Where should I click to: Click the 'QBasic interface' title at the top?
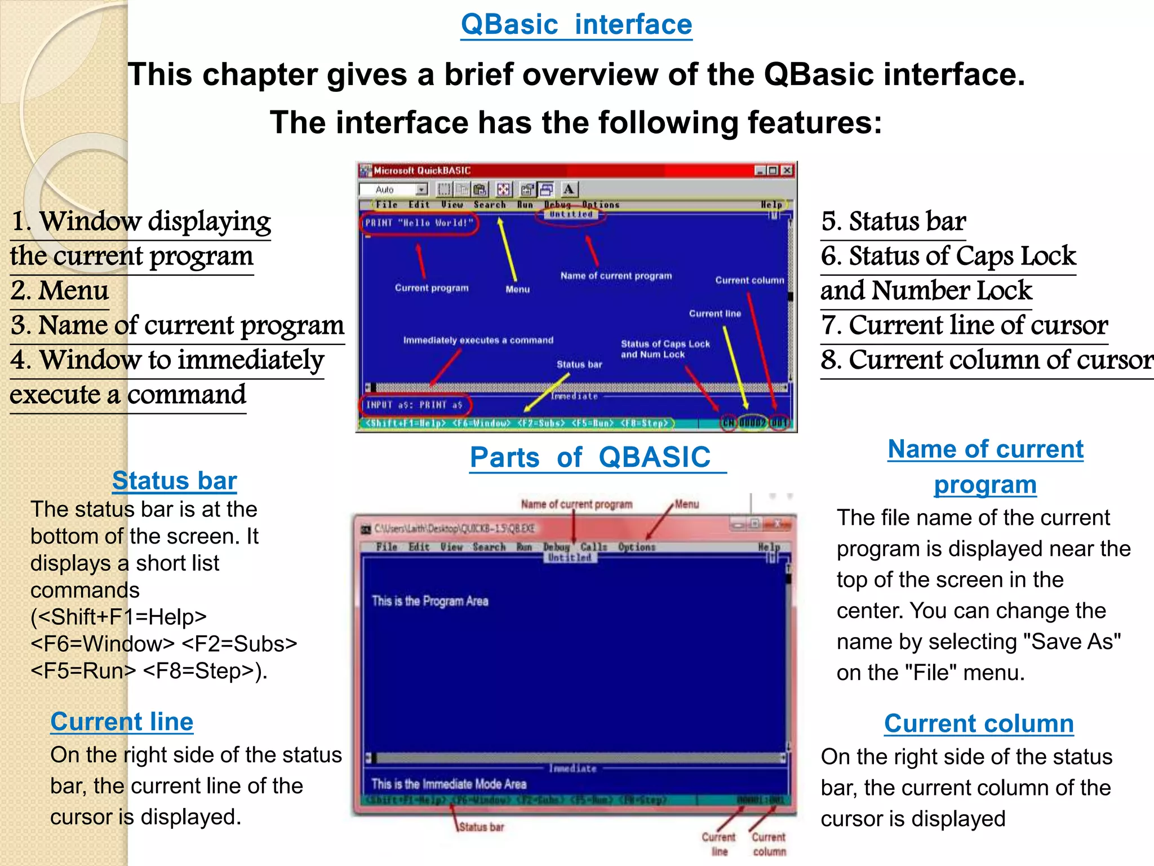click(x=576, y=25)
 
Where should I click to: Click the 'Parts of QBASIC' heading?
click(x=591, y=457)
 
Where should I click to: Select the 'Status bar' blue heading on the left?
click(x=174, y=481)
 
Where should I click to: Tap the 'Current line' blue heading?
click(x=122, y=722)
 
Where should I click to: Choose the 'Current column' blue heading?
click(x=979, y=723)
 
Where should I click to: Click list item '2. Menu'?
click(x=60, y=291)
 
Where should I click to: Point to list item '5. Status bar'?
click(x=893, y=222)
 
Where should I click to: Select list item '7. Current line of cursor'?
click(x=964, y=325)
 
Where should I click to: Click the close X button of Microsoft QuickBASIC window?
click(x=787, y=170)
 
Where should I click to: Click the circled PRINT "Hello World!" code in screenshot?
click(x=419, y=223)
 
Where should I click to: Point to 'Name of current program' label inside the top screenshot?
click(x=616, y=276)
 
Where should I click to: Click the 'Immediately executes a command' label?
click(x=478, y=340)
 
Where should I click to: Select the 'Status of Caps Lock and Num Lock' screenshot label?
click(x=665, y=349)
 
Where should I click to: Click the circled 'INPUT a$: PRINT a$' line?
click(x=414, y=405)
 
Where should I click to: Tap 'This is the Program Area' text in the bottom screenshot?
click(x=430, y=601)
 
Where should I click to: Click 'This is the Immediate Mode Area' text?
click(x=449, y=784)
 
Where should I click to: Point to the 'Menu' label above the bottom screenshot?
click(x=687, y=504)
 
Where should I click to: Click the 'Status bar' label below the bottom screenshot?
click(x=481, y=827)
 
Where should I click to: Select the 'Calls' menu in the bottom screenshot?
click(x=594, y=547)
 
